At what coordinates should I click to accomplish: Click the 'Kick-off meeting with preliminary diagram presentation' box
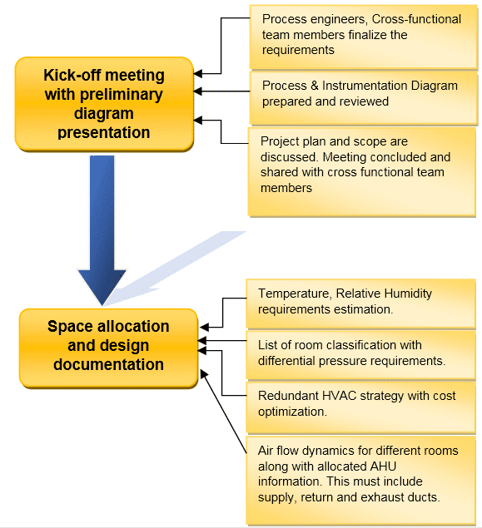104,104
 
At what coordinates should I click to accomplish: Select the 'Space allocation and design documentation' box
108,348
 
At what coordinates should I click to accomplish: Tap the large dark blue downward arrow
102,230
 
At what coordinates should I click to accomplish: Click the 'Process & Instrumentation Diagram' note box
364,97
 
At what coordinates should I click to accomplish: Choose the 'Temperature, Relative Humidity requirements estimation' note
360,303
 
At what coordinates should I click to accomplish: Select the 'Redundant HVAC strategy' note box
360,407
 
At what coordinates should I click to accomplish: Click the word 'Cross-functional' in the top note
416,19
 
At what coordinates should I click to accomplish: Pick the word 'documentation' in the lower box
108,364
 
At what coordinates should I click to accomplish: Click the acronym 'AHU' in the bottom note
383,466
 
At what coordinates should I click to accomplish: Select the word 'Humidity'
408,294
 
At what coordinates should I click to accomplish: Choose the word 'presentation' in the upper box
104,133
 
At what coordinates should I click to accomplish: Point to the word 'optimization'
292,412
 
